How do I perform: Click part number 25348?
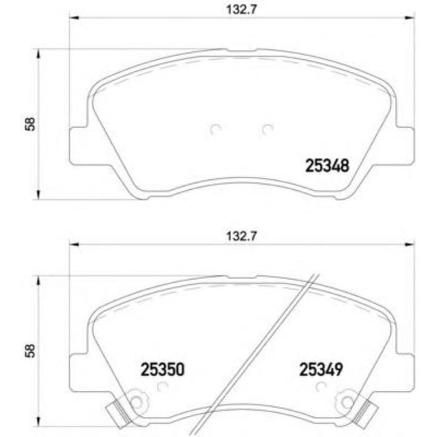click(x=326, y=165)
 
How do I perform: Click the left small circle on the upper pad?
click(x=215, y=130)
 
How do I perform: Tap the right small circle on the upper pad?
click(x=267, y=130)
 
